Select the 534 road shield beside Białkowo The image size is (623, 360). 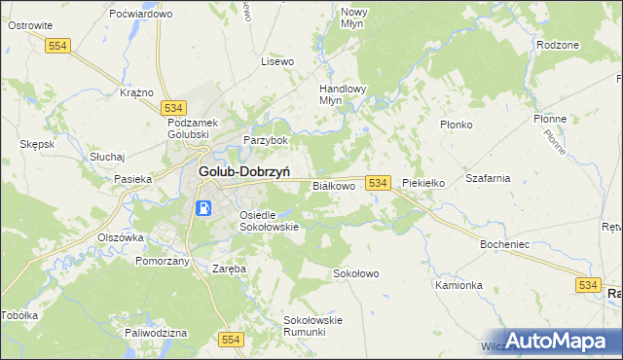tap(380, 183)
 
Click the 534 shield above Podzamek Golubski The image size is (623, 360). tap(174, 107)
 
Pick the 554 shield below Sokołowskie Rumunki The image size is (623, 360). tap(230, 339)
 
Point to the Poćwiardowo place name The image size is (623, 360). tap(141, 14)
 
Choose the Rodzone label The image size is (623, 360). tap(558, 45)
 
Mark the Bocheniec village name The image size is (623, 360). tap(504, 244)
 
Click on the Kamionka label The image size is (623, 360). tap(458, 285)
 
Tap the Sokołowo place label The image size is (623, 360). tap(355, 273)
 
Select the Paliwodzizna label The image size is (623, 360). tap(155, 333)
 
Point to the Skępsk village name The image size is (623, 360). tap(37, 143)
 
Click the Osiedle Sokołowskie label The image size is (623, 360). tap(269, 220)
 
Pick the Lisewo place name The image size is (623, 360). tap(276, 61)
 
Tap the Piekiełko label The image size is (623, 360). tap(423, 182)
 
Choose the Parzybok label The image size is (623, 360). tap(265, 140)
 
